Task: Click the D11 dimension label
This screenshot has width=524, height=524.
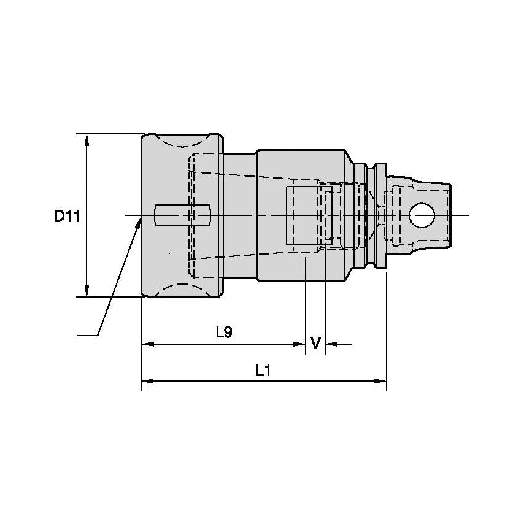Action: point(67,216)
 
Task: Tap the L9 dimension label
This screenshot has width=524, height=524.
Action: point(224,332)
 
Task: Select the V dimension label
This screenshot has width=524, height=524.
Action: point(315,343)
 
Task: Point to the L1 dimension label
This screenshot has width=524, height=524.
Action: point(263,370)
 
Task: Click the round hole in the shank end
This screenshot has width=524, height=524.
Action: point(422,215)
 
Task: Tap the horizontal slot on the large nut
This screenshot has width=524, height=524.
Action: point(183,215)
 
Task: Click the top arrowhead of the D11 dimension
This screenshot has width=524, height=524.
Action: point(87,140)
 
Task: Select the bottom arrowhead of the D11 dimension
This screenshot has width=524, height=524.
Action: point(87,290)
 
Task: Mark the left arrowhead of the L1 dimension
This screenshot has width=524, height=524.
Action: point(148,380)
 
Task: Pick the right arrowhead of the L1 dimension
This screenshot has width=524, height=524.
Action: point(380,380)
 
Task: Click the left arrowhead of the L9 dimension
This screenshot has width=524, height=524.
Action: point(148,344)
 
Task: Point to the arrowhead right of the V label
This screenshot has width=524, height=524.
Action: point(331,344)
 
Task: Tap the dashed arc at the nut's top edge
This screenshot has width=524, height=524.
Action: point(182,142)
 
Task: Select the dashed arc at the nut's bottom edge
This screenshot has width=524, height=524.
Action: point(182,289)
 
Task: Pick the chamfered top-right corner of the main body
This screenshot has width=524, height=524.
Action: point(349,156)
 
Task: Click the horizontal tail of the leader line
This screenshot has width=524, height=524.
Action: point(88,335)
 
